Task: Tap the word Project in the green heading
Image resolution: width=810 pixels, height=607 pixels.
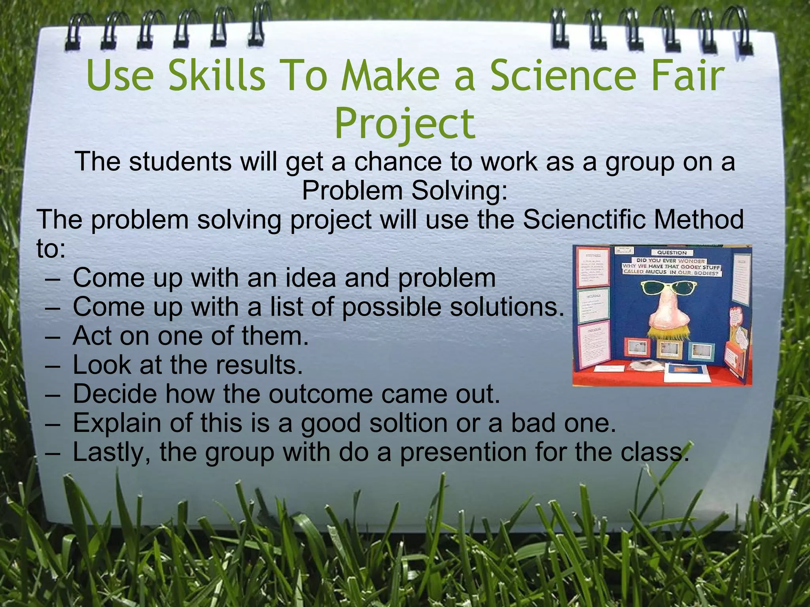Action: (x=405, y=124)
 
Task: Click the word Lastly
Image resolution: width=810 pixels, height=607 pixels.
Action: (x=111, y=452)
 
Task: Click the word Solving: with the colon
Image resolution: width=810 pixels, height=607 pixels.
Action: (x=459, y=190)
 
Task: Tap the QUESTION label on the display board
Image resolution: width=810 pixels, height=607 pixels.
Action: (x=672, y=253)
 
